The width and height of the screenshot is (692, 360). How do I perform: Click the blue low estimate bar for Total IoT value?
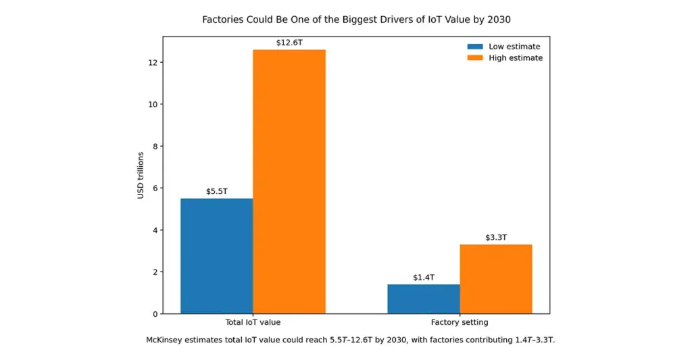[x=216, y=256]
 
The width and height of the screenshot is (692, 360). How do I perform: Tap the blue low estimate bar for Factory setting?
[x=423, y=299]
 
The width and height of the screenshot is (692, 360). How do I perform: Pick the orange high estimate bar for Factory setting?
[x=496, y=279]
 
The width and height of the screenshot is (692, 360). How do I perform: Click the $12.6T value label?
[x=289, y=43]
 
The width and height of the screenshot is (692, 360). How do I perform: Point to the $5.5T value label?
[x=217, y=191]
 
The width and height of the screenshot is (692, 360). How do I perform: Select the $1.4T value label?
[x=424, y=278]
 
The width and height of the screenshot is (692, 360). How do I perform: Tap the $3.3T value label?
[x=496, y=238]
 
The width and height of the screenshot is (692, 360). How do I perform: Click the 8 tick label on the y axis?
[x=155, y=147]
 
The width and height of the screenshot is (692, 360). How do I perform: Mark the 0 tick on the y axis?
[x=155, y=314]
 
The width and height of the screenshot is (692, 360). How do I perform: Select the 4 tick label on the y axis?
[x=155, y=230]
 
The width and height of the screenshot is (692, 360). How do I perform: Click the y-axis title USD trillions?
[x=141, y=176]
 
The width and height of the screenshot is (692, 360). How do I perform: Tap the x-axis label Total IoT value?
[x=253, y=322]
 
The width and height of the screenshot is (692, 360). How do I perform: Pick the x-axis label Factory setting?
[x=460, y=322]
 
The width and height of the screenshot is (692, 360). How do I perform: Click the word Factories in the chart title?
[x=222, y=20]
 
